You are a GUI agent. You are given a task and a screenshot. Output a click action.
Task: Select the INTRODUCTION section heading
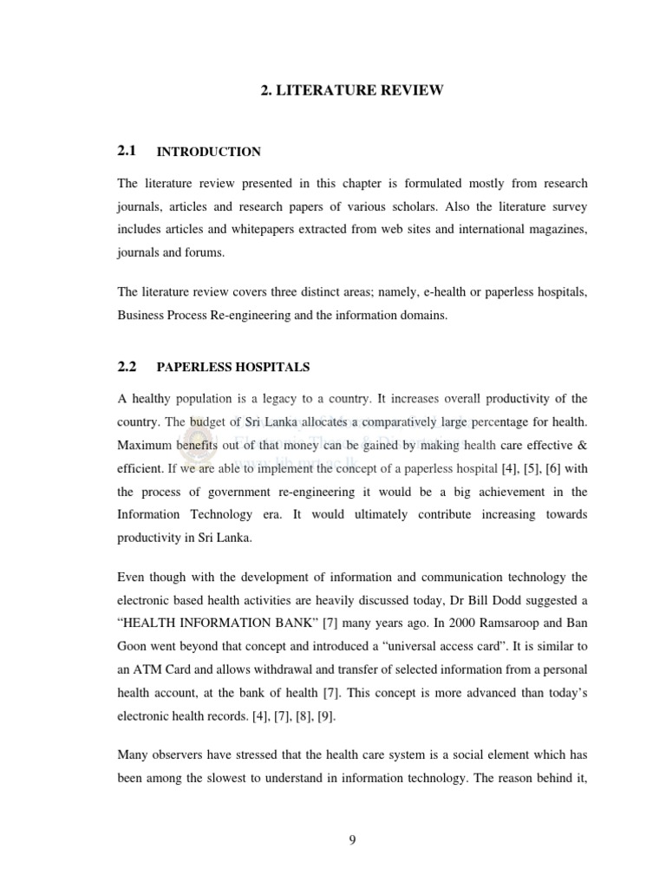(x=208, y=152)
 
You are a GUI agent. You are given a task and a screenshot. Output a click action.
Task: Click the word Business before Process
(x=143, y=316)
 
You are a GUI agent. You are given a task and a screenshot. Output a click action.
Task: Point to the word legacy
(x=310, y=399)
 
